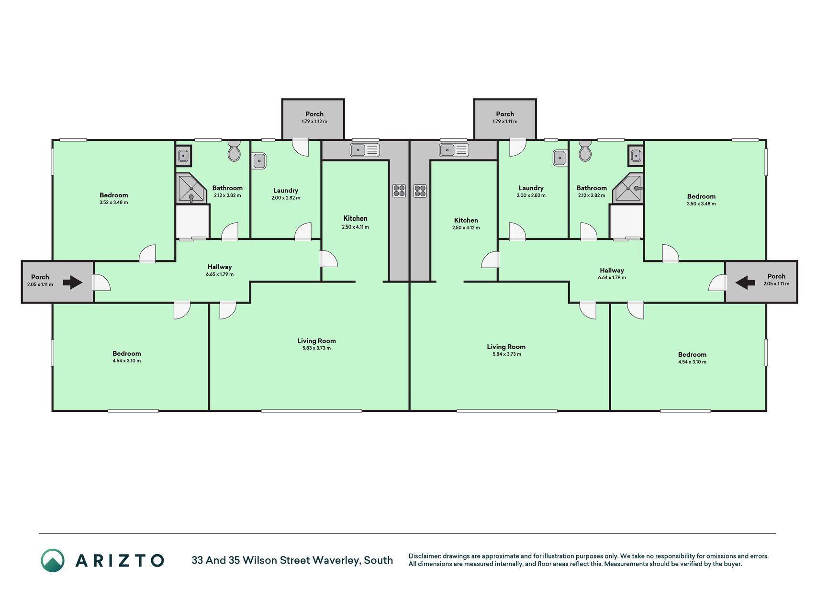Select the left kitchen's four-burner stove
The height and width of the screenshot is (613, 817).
tap(399, 191)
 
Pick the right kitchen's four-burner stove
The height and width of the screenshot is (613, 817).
tap(420, 191)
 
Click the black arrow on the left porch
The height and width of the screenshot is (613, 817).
tap(73, 282)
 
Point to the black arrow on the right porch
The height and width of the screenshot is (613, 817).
tap(745, 283)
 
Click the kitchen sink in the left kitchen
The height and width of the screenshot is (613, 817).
tap(365, 150)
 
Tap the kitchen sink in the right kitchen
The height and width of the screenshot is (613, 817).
tap(454, 150)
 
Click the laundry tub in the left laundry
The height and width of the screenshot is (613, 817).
tap(259, 161)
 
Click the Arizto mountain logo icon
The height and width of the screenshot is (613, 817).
tap(53, 560)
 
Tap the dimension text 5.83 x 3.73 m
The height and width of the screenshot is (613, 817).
tap(316, 348)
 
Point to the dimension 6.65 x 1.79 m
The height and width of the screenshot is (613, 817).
tap(220, 274)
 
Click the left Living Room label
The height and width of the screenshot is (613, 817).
tap(316, 341)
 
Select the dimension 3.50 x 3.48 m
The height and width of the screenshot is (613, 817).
tap(701, 204)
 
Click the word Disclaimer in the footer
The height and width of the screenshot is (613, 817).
tap(424, 556)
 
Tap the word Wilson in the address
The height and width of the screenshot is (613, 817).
tap(260, 560)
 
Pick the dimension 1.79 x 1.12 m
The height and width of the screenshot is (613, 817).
tap(314, 122)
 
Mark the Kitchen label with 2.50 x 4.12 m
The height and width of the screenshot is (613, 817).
tap(466, 220)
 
